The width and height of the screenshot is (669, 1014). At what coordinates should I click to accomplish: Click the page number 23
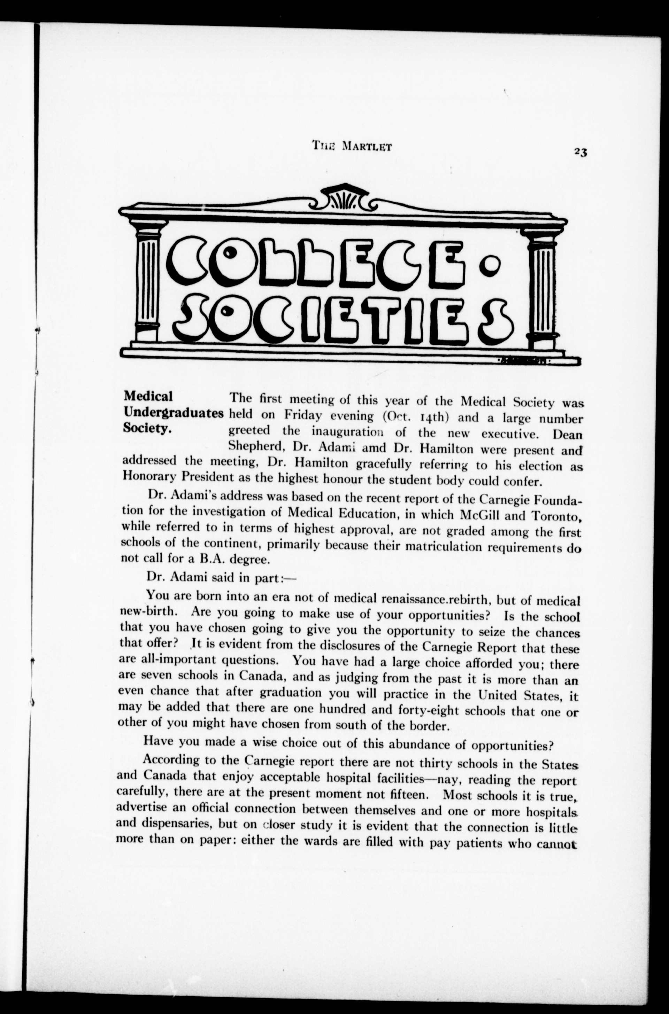click(x=581, y=152)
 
